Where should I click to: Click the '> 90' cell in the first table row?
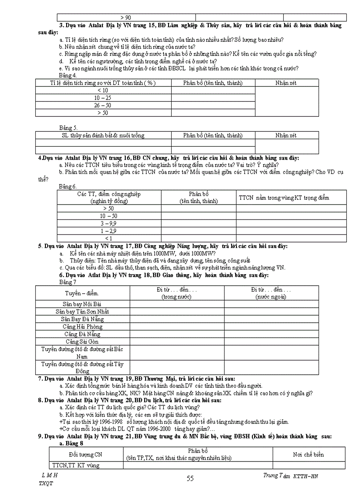(125, 18)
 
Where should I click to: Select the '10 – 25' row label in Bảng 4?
(103, 98)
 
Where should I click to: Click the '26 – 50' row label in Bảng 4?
(103, 105)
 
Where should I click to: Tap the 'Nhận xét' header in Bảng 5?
(286, 135)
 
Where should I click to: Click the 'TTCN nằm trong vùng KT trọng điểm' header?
(284, 197)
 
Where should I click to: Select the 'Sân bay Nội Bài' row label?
(82, 304)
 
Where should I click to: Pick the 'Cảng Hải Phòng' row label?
(82, 327)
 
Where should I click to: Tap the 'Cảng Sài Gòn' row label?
(82, 342)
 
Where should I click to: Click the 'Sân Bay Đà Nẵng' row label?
(82, 319)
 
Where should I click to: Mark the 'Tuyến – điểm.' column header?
(82, 293)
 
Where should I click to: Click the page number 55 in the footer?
(190, 479)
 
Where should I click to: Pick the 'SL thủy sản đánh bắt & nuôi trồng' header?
(103, 135)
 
